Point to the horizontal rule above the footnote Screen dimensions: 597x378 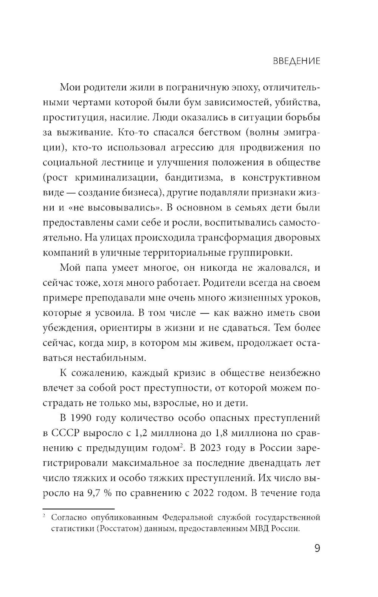pyautogui.click(x=78, y=509)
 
